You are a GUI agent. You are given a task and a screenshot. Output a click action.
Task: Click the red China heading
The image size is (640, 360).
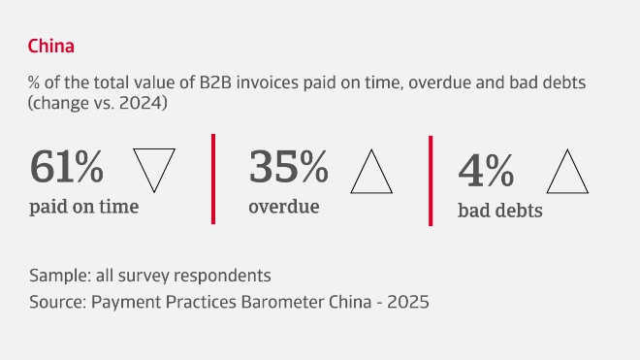point(51,46)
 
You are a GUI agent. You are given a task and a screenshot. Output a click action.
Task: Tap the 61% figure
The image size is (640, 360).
point(67,167)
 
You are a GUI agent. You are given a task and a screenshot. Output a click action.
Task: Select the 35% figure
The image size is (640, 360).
point(289,167)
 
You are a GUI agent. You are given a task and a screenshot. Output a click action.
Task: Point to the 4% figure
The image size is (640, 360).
point(486,171)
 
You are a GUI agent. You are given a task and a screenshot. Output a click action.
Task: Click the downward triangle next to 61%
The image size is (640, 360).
point(153,168)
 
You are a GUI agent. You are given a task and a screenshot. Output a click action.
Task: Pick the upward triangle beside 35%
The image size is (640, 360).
point(370,172)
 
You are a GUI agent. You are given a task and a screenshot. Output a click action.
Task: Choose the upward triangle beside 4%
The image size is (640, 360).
point(569,174)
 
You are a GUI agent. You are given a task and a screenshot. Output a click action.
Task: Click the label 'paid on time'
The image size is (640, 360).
point(83,206)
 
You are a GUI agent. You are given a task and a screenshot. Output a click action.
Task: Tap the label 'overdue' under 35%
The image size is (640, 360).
point(283,206)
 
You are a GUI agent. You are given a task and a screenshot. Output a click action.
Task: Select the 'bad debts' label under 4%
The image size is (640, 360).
point(499,210)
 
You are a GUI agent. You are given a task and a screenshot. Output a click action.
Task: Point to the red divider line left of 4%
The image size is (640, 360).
point(430,180)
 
